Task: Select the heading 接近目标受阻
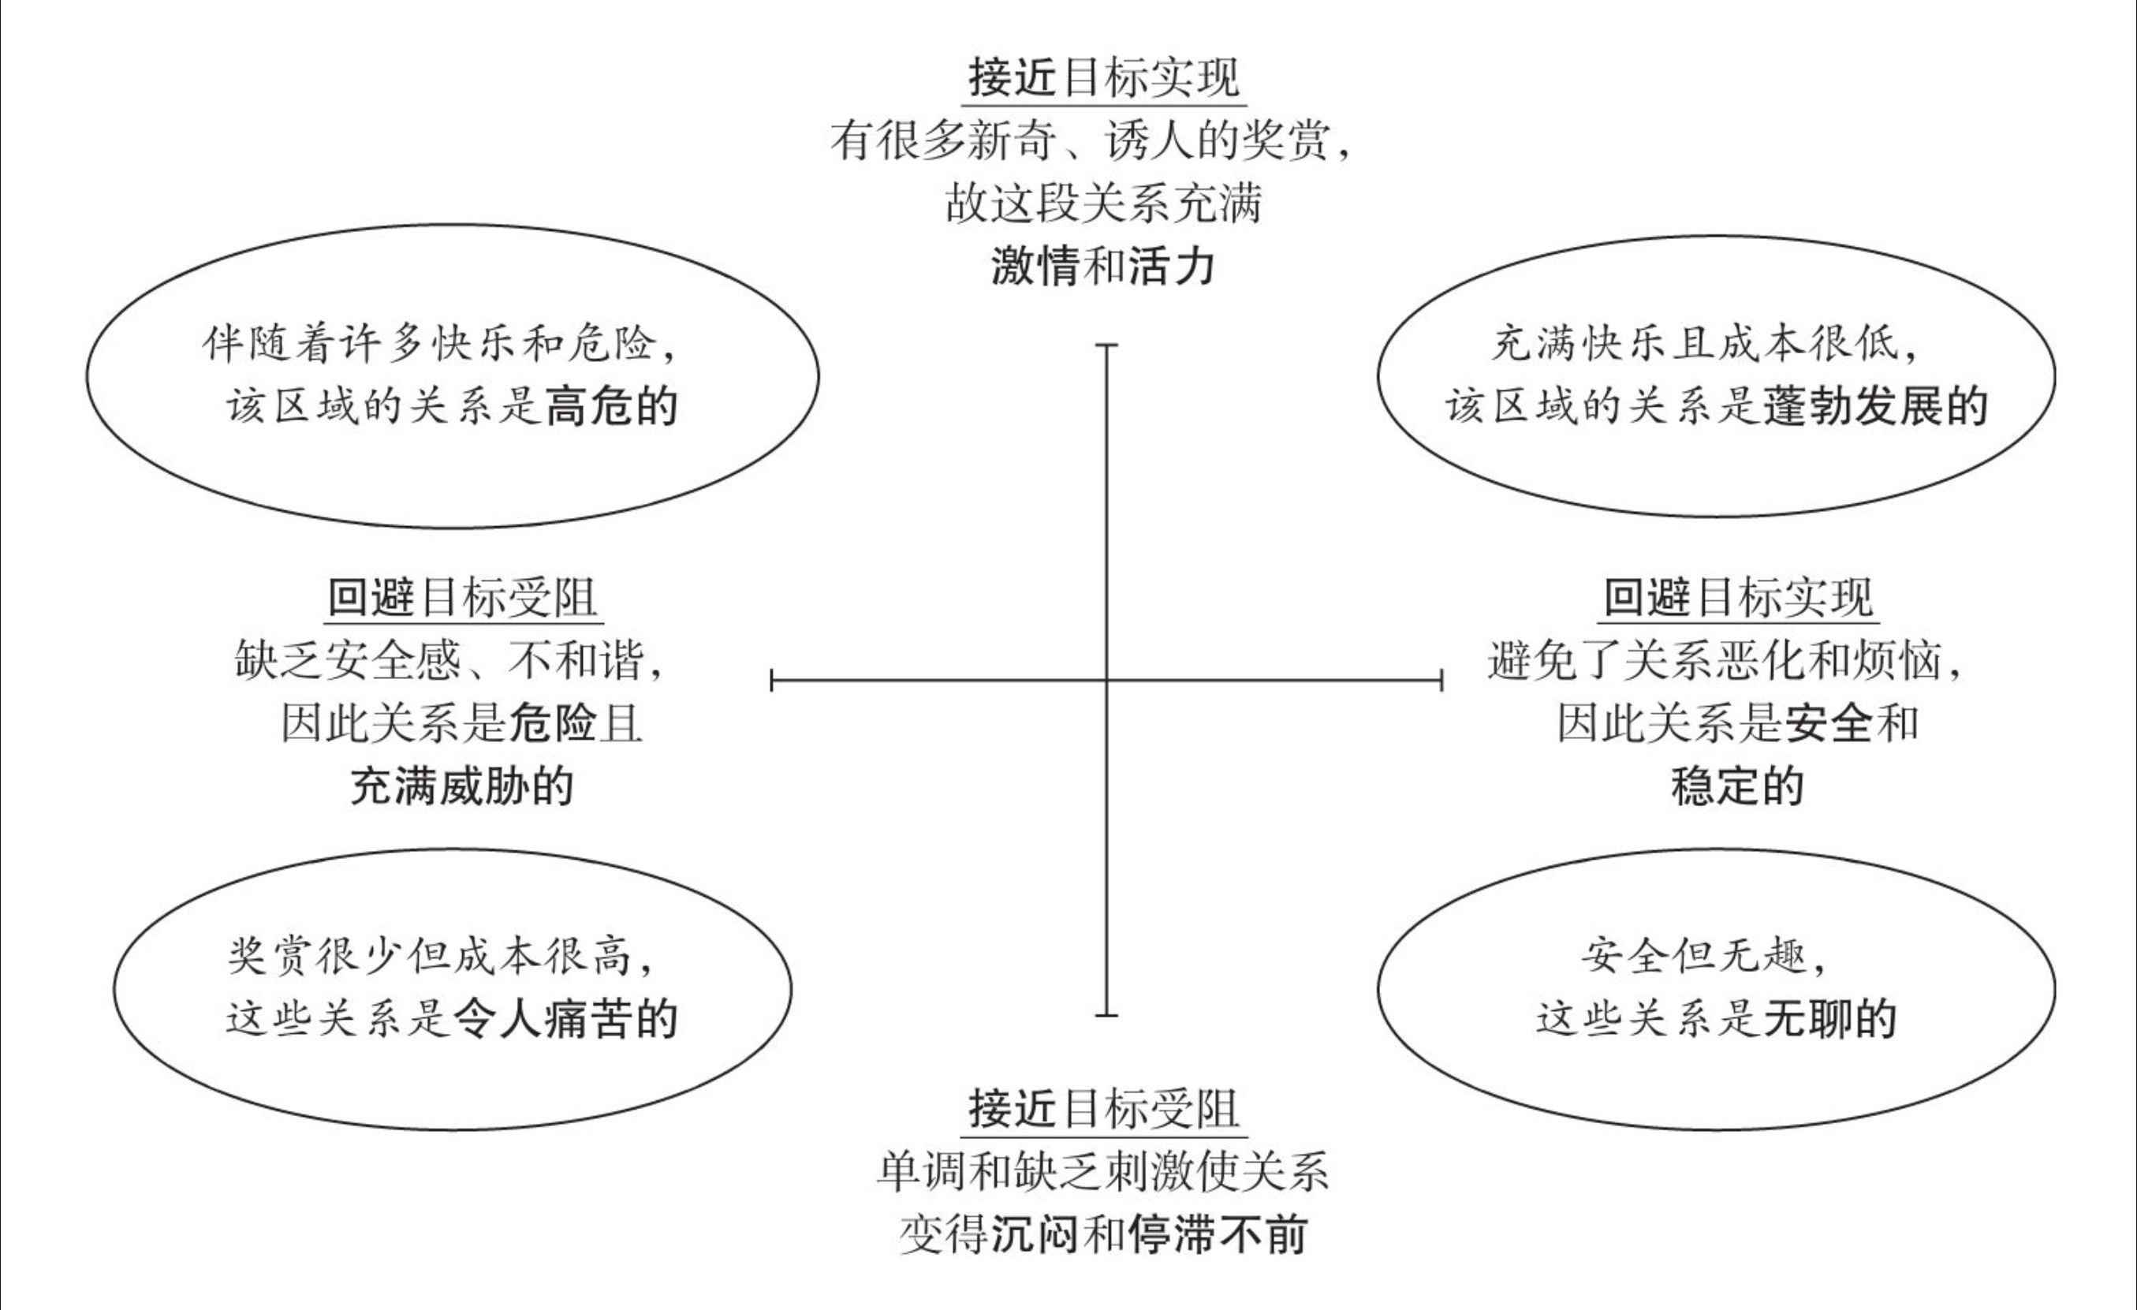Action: (x=1103, y=1110)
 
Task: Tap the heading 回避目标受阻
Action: (x=463, y=598)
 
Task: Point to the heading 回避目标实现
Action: (x=1738, y=598)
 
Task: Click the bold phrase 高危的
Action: (x=611, y=407)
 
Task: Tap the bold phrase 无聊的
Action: (x=1830, y=1018)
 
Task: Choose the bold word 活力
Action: (x=1172, y=267)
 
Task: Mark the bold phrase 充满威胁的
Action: (x=462, y=787)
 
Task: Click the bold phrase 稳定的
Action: (x=1737, y=787)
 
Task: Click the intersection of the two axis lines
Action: (x=1106, y=680)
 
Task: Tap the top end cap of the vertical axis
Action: (x=1106, y=345)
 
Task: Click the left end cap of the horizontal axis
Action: (x=772, y=680)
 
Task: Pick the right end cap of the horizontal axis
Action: (x=1441, y=680)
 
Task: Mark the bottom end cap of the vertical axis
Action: (x=1106, y=1014)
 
